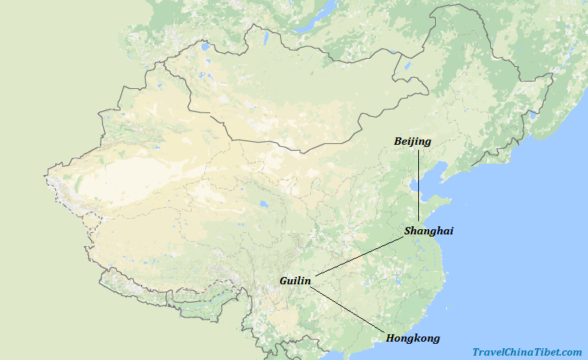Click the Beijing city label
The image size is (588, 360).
(412, 141)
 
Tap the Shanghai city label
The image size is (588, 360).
(429, 231)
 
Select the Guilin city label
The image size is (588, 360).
(295, 281)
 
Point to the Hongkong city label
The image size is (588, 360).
(412, 338)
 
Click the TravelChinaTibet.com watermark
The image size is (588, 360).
(527, 353)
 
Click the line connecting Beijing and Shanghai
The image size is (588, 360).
(418, 184)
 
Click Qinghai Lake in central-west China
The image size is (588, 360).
(262, 205)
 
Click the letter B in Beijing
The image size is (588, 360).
(398, 141)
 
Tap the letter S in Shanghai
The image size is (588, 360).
(408, 231)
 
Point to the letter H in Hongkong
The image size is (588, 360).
(390, 338)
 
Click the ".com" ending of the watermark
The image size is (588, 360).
(570, 353)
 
